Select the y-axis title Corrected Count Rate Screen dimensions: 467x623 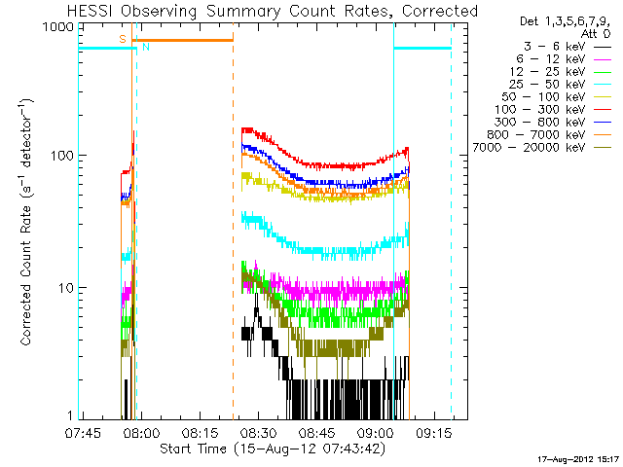coord(26,222)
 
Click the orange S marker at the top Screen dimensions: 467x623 coord(122,39)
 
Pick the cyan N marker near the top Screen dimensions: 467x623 coord(146,47)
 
